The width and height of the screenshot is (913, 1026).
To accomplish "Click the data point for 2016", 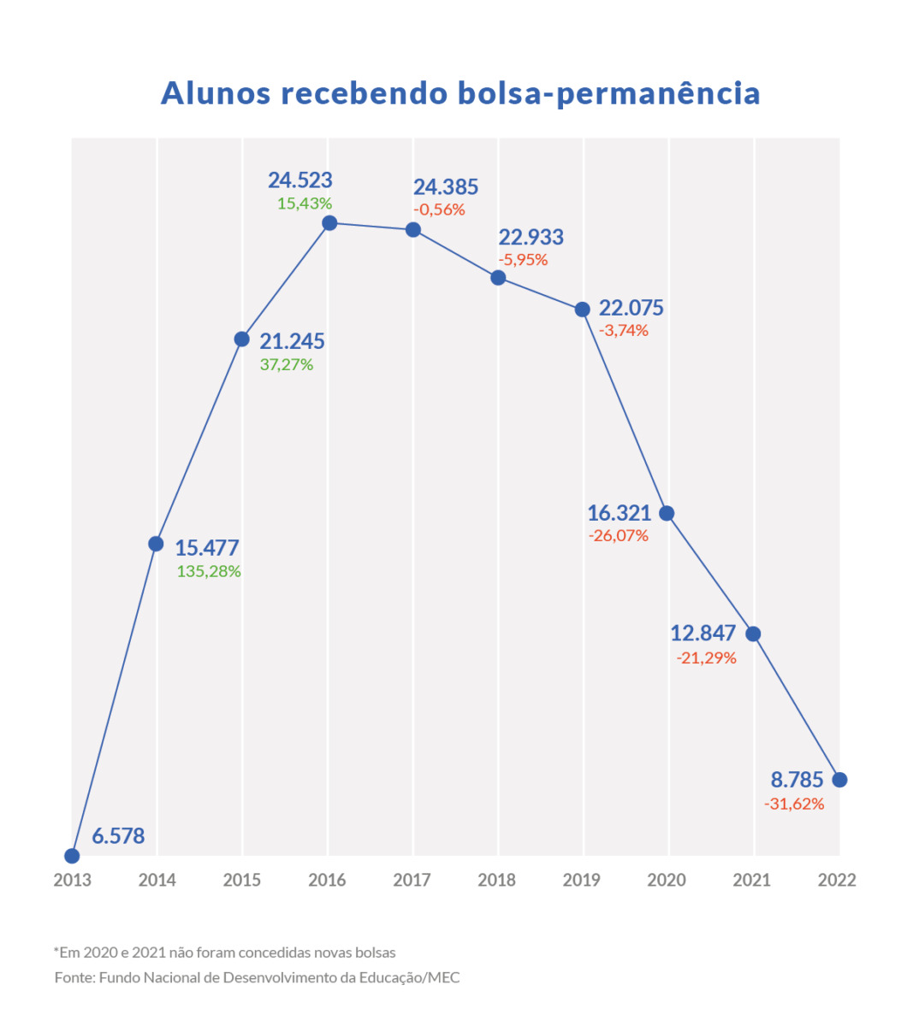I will click(x=329, y=223).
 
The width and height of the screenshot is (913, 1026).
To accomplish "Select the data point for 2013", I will click(x=72, y=856).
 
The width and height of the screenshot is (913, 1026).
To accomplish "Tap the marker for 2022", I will click(x=839, y=780).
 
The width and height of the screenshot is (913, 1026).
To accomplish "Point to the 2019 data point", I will click(x=583, y=310).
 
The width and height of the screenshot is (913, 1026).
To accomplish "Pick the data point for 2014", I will click(x=156, y=544).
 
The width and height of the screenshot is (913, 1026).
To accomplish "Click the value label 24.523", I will click(x=299, y=180).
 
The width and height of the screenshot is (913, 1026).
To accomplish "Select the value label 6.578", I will click(x=118, y=835).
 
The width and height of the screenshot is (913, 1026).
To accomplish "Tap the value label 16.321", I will click(x=619, y=513).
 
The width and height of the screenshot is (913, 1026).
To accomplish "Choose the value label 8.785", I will click(x=797, y=780).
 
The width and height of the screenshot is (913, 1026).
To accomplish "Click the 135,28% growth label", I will click(x=209, y=571).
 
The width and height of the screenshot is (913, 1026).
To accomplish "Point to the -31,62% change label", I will click(x=794, y=804).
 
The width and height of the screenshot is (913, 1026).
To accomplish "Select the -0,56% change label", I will click(x=439, y=209).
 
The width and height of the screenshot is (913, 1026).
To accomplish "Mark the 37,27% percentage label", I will click(x=287, y=365).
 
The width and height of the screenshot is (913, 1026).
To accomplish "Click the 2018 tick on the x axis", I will click(x=496, y=880).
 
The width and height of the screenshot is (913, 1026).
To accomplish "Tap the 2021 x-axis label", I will click(x=751, y=880).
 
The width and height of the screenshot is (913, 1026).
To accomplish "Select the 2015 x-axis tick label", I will click(x=242, y=880).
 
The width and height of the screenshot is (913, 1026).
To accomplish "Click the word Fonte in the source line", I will click(x=74, y=977).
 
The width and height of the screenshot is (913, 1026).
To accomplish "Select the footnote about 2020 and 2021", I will click(x=225, y=952).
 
